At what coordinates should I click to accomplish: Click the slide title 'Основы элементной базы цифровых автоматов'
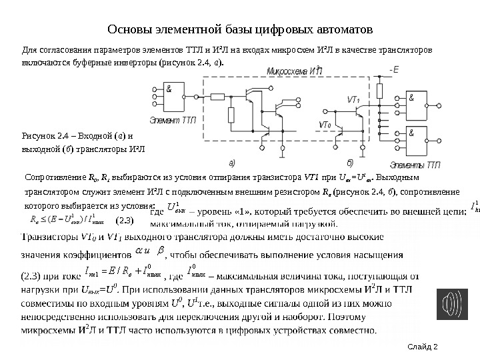(240, 30)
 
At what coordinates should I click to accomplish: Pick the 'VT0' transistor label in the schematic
(325, 125)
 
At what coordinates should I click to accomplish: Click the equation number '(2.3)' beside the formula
(125, 219)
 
